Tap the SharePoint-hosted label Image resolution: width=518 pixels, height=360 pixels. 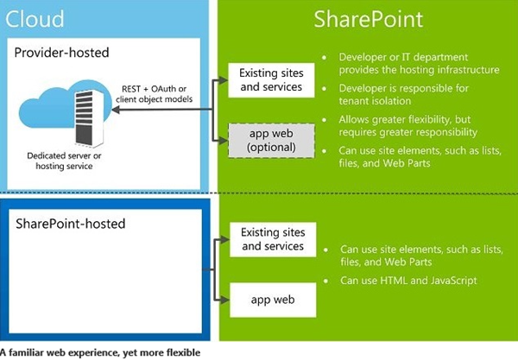71,224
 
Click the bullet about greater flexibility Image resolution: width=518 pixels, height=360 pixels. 406,125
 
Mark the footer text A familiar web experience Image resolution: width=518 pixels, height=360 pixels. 99,352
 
